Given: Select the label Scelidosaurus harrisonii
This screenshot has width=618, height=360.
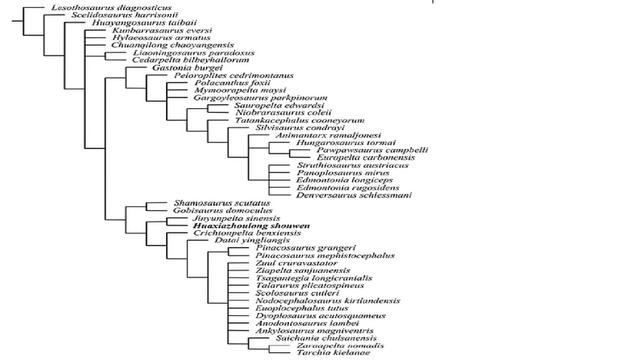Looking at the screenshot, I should (x=104, y=15).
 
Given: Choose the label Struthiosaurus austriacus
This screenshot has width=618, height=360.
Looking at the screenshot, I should (x=341, y=165).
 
